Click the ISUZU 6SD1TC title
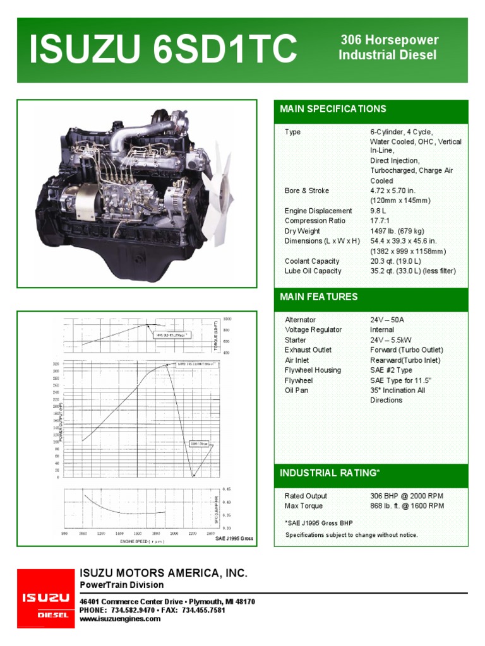[x=164, y=49]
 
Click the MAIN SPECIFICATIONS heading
[x=333, y=109]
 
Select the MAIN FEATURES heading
[x=318, y=297]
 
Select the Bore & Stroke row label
[x=307, y=191]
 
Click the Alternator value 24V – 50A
[x=387, y=320]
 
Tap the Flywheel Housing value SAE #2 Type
[x=391, y=370]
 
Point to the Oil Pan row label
[x=296, y=391]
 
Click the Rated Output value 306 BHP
[x=407, y=496]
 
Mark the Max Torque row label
[x=304, y=506]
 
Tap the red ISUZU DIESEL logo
[x=45, y=598]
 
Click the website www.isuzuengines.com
[x=120, y=619]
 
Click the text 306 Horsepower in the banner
[x=389, y=40]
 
